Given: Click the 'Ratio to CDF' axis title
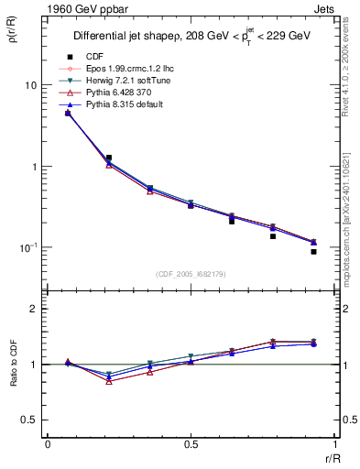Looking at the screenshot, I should pos(16,365).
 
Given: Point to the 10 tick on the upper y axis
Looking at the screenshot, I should pos(29,85).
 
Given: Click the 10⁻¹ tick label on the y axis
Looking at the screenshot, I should pos(27,248).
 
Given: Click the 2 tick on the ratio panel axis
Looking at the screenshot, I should pos(33,310).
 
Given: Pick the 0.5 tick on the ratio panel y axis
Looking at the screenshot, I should pos(29,420).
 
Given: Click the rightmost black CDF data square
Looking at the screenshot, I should pos(313,251).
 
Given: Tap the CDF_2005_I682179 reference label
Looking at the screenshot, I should pos(191,274).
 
